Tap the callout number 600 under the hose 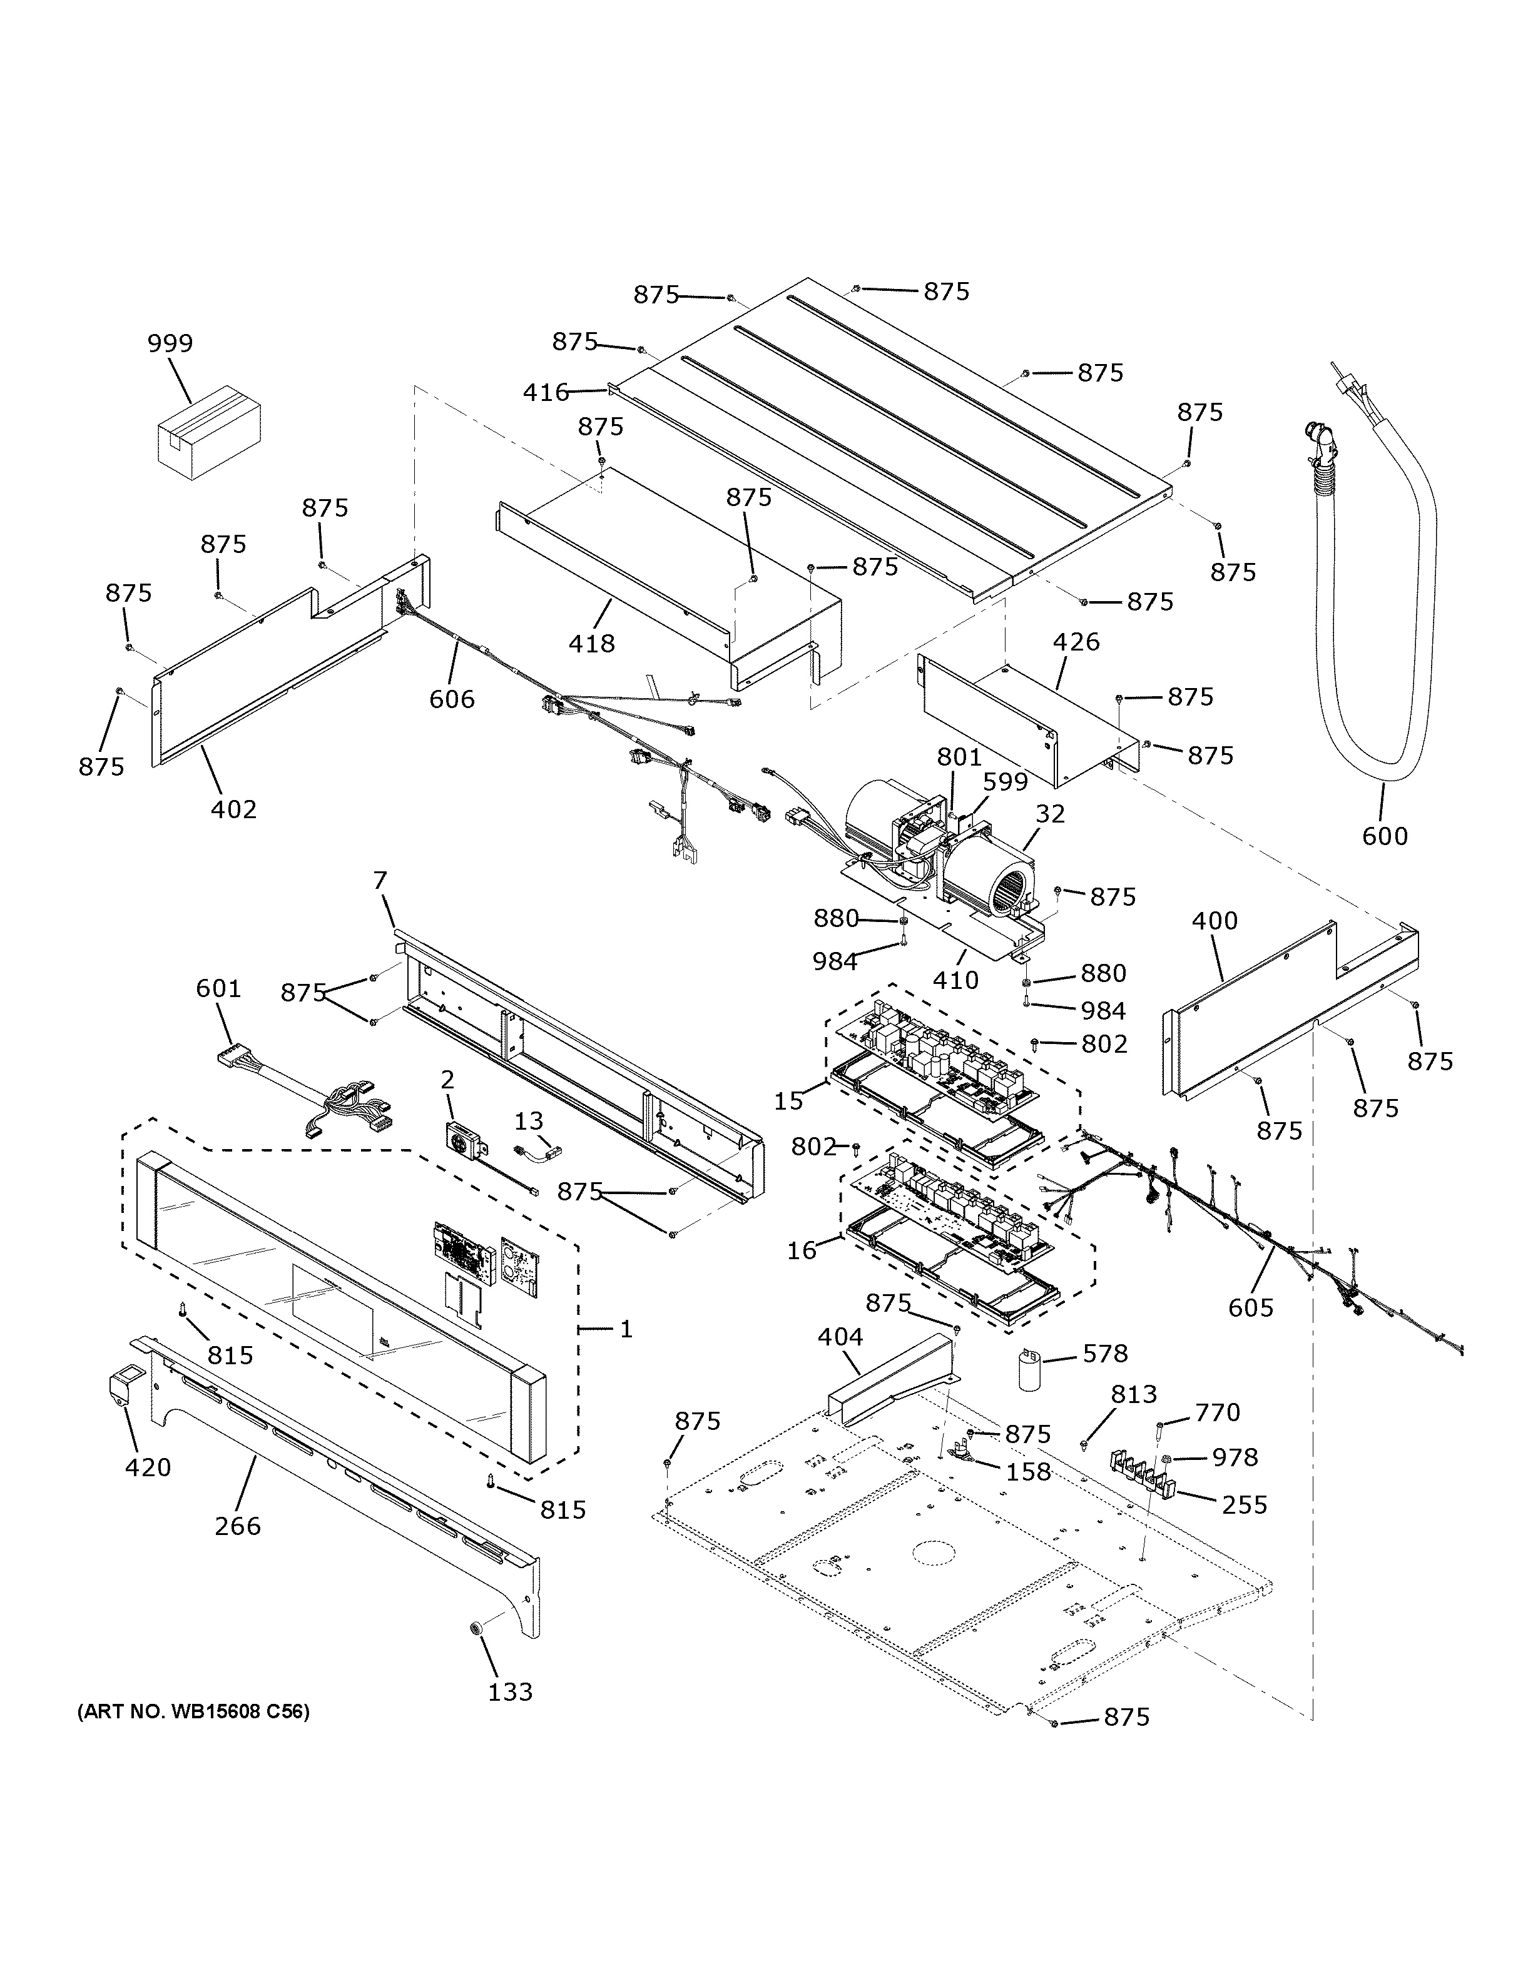coord(1384,836)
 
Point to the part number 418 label coord(591,643)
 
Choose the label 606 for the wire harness coord(452,699)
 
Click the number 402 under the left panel coord(233,808)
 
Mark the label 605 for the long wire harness coord(1251,1307)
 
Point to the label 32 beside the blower coord(1049,814)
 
